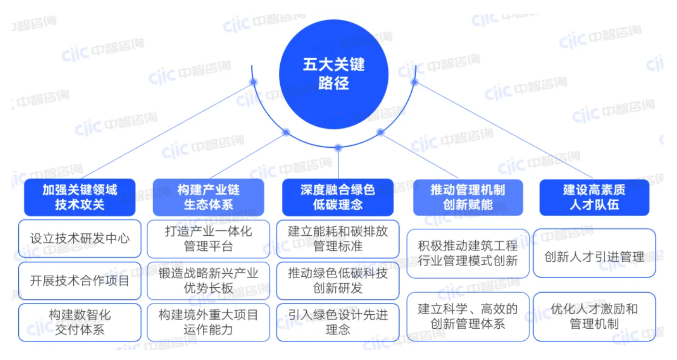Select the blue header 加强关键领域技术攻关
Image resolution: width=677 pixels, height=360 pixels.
[x=79, y=197]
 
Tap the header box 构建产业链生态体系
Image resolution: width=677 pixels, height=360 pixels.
[x=208, y=197]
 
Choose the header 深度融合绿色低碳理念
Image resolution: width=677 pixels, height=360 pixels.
[x=338, y=197]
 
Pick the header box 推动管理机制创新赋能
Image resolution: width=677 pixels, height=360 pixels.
[x=468, y=197]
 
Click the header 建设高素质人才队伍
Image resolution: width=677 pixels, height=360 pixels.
[x=594, y=197]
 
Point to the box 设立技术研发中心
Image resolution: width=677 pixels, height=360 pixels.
[x=79, y=239]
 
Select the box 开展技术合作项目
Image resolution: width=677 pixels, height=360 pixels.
[x=79, y=281]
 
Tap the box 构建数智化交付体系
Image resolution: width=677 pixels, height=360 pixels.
[x=79, y=322]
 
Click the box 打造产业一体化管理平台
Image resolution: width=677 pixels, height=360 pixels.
[x=208, y=239]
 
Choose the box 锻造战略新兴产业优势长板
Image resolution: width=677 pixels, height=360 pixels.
[x=208, y=281]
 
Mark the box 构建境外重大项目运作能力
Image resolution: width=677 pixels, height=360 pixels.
[x=208, y=322]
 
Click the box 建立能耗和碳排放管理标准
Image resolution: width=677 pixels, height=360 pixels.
[x=338, y=239]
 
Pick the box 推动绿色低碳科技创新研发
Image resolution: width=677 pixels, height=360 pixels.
[x=338, y=281]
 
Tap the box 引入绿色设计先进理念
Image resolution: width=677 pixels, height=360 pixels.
[x=338, y=322]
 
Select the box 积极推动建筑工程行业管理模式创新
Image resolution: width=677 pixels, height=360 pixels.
[x=468, y=253]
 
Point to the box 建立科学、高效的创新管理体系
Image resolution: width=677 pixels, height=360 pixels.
[x=468, y=316]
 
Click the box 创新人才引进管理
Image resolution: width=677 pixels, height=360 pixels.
[x=594, y=253]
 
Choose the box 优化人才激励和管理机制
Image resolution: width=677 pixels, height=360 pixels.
[x=594, y=316]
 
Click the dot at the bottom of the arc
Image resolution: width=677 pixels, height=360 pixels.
[x=338, y=148]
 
